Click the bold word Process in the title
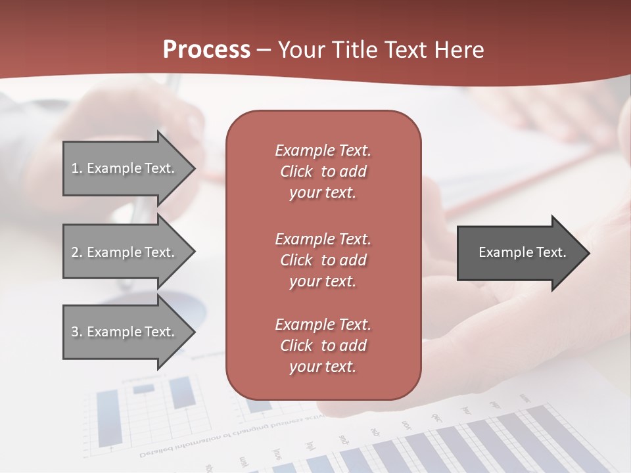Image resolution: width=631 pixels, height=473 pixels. coord(206,50)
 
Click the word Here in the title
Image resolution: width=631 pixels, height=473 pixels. coord(459,50)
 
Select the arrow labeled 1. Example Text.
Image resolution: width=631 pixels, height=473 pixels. coord(125,168)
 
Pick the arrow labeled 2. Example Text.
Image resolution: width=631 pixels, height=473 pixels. coord(125,252)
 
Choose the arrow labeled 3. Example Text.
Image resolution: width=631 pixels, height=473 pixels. coord(125,332)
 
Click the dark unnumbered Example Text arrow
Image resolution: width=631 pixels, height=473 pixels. coord(519,252)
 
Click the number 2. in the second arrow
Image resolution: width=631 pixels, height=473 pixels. coord(77,252)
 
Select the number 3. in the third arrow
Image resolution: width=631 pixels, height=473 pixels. coord(77,332)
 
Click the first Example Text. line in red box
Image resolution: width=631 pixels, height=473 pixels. coord(323,150)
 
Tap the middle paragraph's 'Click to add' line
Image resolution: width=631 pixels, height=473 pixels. coord(323,260)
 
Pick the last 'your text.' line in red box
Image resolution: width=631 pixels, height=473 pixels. coord(323,367)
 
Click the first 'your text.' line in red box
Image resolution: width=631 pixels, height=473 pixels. coord(323,193)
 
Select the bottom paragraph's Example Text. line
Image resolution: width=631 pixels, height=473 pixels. coord(323,325)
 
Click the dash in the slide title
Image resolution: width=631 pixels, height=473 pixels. coord(264,50)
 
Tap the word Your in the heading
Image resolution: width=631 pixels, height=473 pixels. coord(300,50)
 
